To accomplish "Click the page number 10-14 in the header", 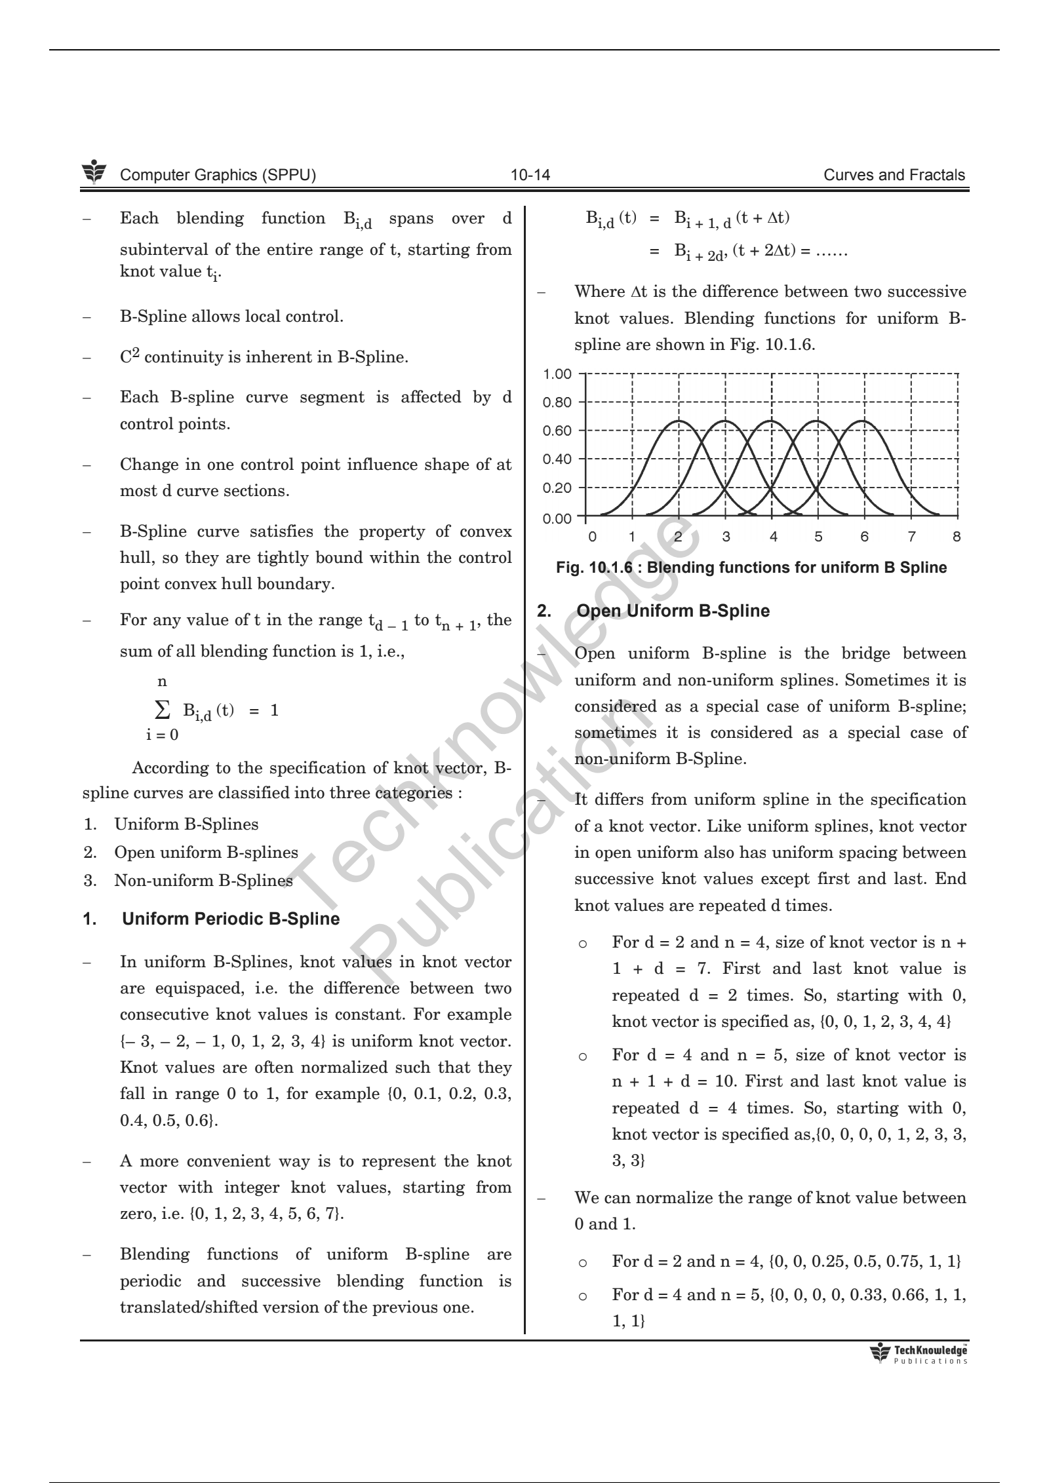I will click(530, 175).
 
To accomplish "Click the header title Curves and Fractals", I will click(894, 175).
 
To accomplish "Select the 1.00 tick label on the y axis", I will click(557, 374).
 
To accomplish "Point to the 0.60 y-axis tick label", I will click(557, 431).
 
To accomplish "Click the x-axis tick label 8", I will click(957, 537).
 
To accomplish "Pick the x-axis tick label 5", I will click(818, 537).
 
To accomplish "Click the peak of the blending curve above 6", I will click(865, 421).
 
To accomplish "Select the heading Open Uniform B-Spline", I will click(673, 611).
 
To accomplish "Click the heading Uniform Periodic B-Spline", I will click(231, 919).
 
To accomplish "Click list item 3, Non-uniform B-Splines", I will click(203, 880).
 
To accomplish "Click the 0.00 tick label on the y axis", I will click(557, 519).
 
